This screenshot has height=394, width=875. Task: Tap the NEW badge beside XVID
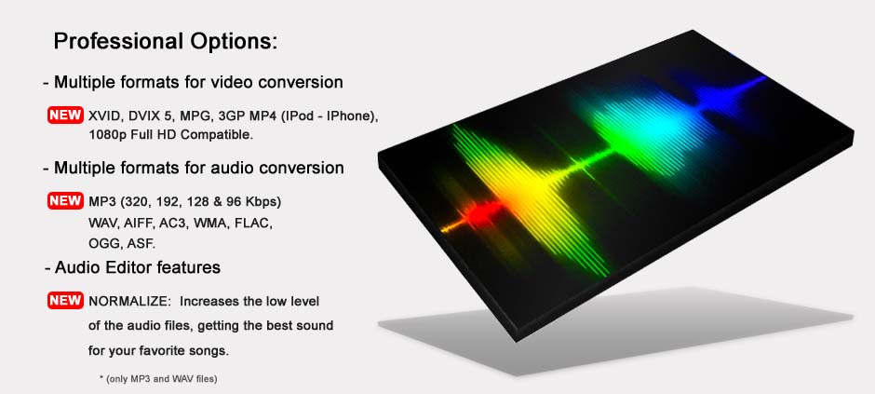click(x=65, y=115)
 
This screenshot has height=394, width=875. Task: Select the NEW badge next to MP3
click(x=65, y=201)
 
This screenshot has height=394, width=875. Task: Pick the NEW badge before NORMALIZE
click(x=65, y=300)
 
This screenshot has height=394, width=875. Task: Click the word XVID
click(x=105, y=116)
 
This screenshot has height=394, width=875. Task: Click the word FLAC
click(x=253, y=224)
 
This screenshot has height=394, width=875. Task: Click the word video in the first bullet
click(x=211, y=83)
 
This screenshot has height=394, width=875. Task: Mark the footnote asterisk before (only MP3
click(x=101, y=378)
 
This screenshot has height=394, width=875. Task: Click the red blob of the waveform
click(x=479, y=213)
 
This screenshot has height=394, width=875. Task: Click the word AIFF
click(x=140, y=224)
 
